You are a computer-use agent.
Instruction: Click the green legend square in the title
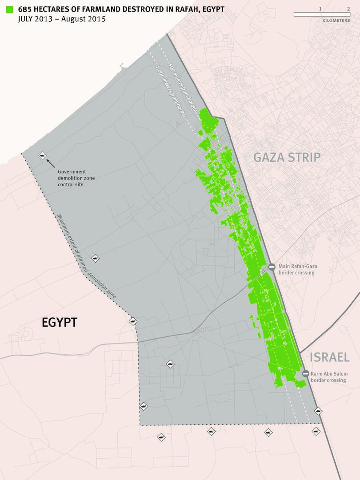click(8, 9)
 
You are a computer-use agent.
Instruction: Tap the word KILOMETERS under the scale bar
click(336, 20)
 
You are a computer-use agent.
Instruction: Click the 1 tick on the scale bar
click(320, 9)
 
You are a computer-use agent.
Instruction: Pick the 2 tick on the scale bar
click(348, 9)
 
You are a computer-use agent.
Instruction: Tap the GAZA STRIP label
click(287, 157)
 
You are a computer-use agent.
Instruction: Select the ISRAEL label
click(330, 357)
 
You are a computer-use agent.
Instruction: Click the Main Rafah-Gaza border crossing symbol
click(272, 267)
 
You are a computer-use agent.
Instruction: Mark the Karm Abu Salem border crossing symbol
click(305, 374)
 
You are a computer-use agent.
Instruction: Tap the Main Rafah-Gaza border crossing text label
click(297, 269)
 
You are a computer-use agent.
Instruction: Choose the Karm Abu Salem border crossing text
click(329, 377)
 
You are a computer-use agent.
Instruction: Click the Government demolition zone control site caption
click(76, 178)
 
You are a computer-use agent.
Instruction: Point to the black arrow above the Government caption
click(52, 163)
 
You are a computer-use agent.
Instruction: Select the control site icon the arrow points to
click(42, 155)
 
